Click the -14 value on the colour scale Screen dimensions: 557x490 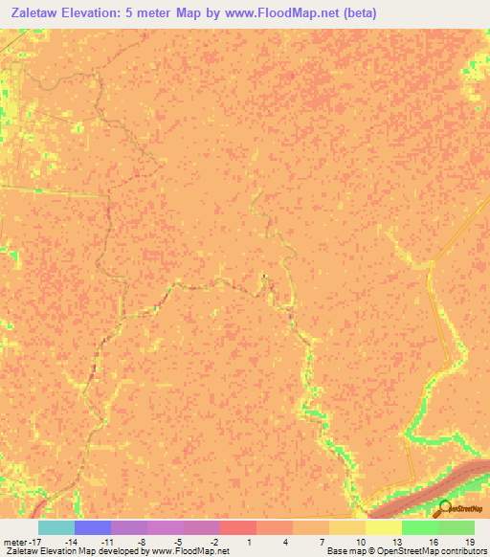pos(70,542)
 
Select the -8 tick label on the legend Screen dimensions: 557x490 pos(143,542)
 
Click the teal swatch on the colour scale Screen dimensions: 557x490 pos(56,527)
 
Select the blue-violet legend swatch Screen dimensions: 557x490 pos(92,527)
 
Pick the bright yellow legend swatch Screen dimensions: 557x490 pos(383,527)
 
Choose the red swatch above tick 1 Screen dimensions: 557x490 pos(237,527)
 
